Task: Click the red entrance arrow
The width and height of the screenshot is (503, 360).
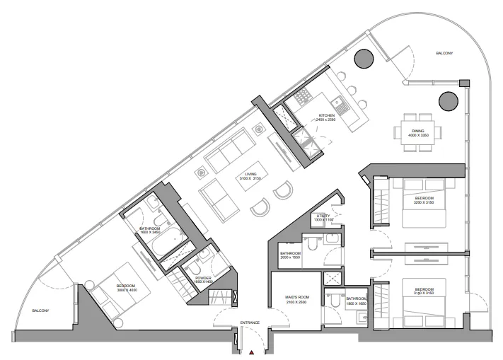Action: click(x=250, y=352)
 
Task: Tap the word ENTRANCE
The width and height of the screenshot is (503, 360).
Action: click(x=250, y=323)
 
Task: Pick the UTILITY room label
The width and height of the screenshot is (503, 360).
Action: click(x=324, y=217)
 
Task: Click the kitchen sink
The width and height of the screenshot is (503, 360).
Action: click(x=341, y=108)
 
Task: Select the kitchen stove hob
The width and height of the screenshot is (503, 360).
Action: click(x=303, y=96)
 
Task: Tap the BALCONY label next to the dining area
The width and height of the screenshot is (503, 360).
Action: click(x=444, y=54)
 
